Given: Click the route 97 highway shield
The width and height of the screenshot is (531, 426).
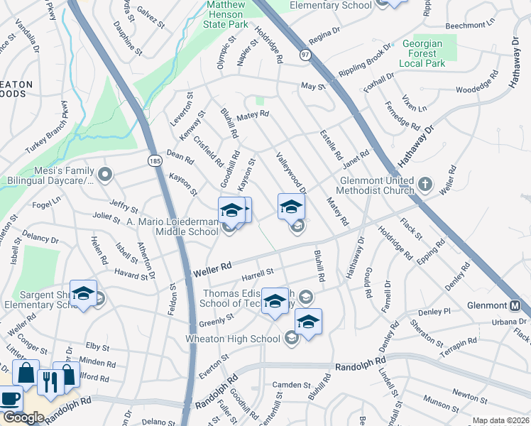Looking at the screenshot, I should (305, 55).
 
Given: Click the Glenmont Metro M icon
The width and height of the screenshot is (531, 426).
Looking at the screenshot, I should (515, 306).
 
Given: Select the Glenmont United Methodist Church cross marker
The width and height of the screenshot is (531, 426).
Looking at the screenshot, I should (425, 185).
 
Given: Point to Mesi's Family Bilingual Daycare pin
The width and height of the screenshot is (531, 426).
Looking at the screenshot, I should (106, 174).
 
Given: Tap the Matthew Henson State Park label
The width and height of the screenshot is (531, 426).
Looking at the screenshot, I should (226, 14).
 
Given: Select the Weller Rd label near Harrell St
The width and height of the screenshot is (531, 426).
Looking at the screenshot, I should (212, 268).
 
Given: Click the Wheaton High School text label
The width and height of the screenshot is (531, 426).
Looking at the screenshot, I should (232, 339).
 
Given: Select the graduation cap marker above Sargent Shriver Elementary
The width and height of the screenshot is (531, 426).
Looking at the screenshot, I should (84, 295).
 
